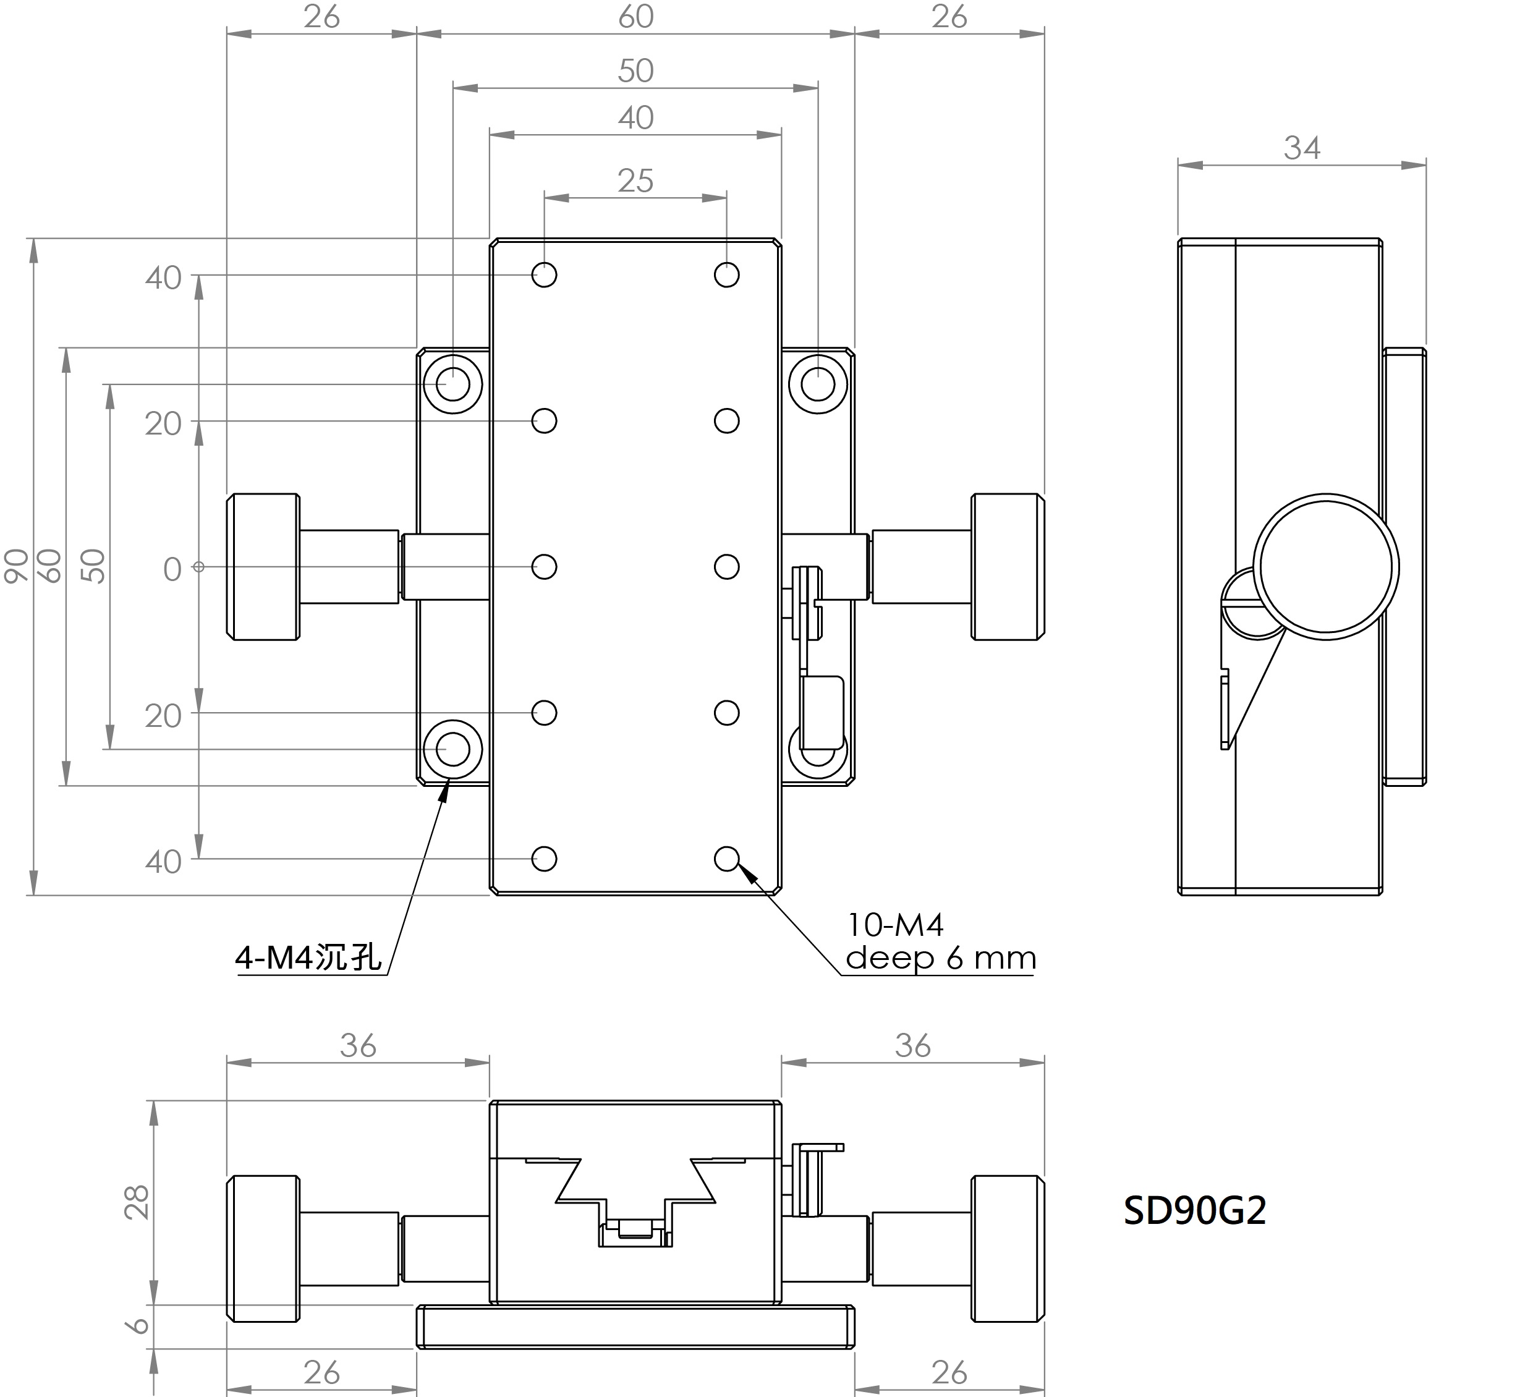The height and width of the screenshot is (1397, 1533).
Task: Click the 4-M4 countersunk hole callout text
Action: pos(308,957)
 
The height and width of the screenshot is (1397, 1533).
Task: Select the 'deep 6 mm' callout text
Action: pos(941,958)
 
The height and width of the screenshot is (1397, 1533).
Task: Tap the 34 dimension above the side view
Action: pos(1302,148)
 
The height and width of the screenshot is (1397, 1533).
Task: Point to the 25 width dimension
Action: pos(635,181)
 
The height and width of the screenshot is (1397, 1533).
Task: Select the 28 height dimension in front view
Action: pos(138,1202)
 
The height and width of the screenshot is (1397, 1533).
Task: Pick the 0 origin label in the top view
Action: pos(172,569)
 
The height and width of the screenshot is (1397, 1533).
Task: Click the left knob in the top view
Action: pos(263,567)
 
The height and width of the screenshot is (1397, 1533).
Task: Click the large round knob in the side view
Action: pos(1325,567)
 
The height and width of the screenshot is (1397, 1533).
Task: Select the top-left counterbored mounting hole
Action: pos(452,384)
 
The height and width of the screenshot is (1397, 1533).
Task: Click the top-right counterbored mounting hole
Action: pos(817,384)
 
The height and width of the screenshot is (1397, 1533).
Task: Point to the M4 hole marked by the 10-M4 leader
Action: pos(726,859)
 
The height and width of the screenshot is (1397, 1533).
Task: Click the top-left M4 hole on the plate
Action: pos(544,274)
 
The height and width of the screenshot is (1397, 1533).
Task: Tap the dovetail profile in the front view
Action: pos(635,1186)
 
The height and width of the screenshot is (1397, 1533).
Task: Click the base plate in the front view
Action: pos(635,1327)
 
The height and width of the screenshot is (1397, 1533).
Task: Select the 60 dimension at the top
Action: pos(635,17)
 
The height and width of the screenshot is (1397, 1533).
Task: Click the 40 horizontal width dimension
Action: pos(635,119)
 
